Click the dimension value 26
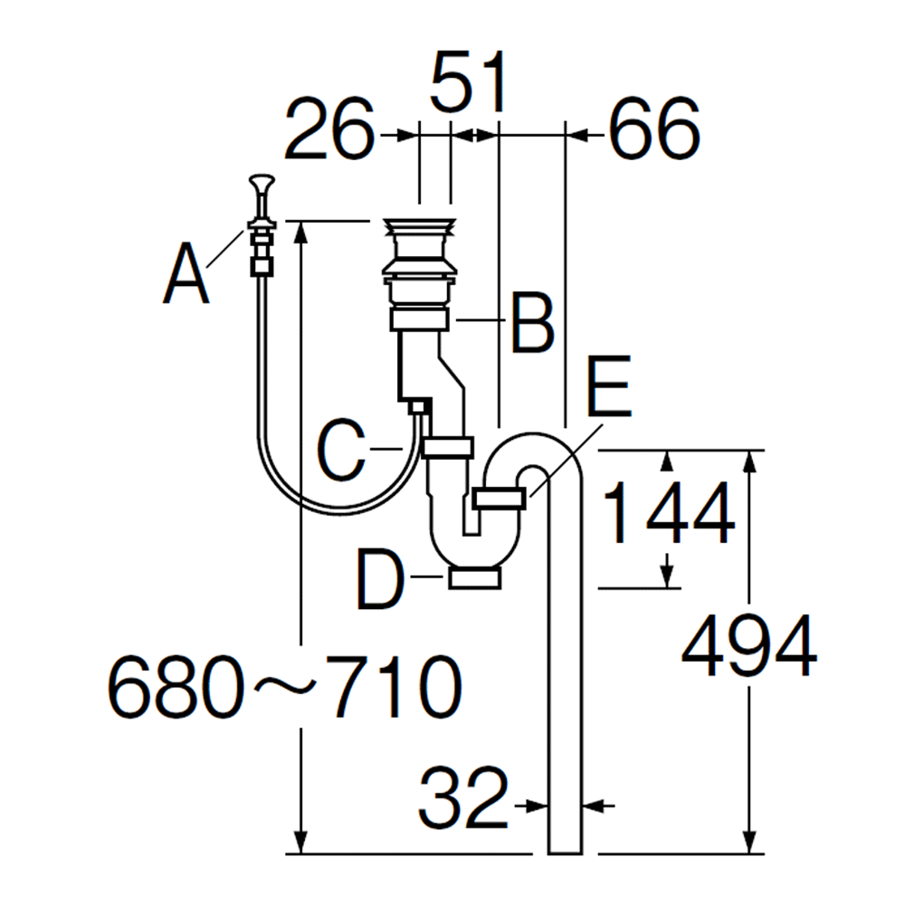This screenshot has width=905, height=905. (x=329, y=129)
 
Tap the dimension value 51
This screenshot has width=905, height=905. (x=469, y=82)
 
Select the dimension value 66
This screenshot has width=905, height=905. (x=654, y=129)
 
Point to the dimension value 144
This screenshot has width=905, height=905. (x=669, y=514)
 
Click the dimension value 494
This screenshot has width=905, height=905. (x=749, y=645)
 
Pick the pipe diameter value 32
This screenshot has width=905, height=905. (x=463, y=798)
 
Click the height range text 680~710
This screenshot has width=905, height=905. (x=284, y=687)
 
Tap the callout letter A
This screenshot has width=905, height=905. (x=186, y=273)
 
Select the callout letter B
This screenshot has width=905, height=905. (x=532, y=323)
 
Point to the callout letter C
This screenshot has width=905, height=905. (x=340, y=450)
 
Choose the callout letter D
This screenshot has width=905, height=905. (x=380, y=579)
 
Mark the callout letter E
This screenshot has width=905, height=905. (x=609, y=386)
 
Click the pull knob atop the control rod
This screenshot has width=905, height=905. (x=262, y=185)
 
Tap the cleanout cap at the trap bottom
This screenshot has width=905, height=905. (x=474, y=577)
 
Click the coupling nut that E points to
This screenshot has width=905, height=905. (x=500, y=498)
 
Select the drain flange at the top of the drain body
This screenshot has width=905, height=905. (x=420, y=225)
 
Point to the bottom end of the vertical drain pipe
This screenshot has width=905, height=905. (x=565, y=853)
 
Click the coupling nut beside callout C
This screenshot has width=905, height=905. (x=448, y=447)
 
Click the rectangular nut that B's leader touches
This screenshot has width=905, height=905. (x=420, y=319)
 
